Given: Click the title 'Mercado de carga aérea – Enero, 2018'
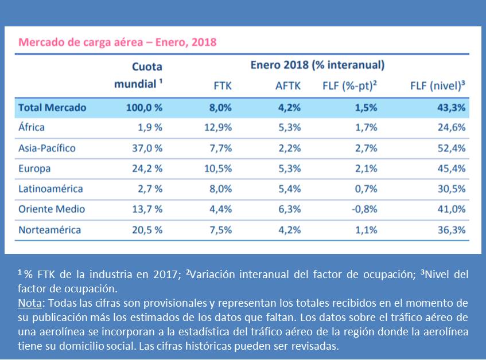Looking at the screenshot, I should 117,42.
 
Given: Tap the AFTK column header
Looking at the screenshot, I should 287,86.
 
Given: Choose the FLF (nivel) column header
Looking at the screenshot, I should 437,86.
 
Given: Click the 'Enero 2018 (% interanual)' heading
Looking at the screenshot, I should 317,65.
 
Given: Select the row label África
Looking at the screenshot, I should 32,127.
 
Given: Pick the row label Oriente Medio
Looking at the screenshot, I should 52,209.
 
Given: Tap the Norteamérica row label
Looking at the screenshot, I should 49,230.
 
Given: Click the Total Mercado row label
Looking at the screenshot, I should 52,107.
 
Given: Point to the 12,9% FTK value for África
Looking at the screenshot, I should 218,127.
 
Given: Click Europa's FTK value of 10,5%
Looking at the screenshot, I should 218,169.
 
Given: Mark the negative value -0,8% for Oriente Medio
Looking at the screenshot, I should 364,209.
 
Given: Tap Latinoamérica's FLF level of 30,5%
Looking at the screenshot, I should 451,189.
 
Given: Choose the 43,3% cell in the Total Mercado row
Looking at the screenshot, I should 451,107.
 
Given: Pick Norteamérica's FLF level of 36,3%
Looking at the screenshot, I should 451,230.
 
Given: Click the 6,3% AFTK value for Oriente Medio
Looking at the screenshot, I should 289,209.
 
